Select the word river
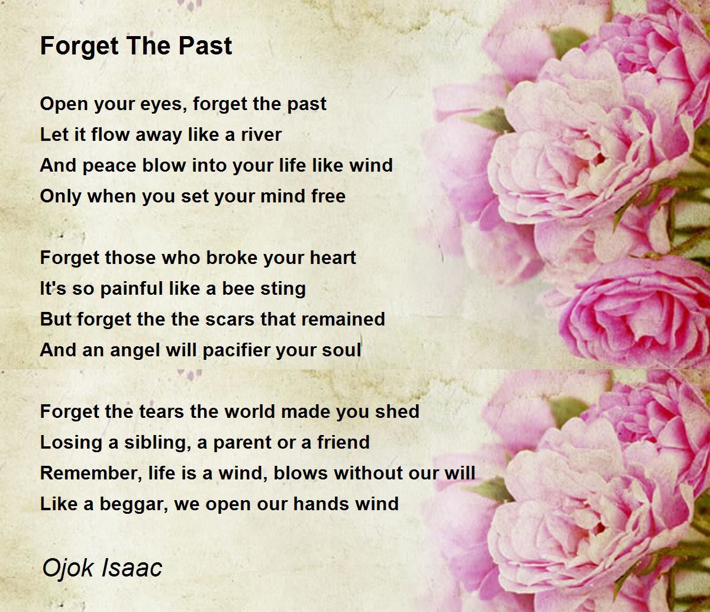[x=261, y=134]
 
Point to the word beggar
[x=134, y=505]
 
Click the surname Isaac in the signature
[x=132, y=568]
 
